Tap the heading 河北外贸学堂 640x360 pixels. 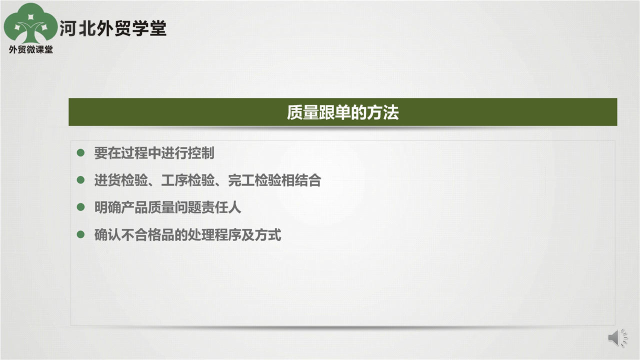coord(113,28)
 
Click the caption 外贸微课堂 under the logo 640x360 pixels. coord(31,49)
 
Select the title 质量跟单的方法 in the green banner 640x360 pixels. coord(342,112)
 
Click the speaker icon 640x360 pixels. coord(617,337)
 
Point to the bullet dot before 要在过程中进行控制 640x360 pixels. coord(80,152)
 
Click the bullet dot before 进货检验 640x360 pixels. coord(80,179)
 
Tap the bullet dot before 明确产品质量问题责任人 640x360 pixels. coord(80,207)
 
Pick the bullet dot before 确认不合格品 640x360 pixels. coord(80,234)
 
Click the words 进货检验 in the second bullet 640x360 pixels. coord(121,180)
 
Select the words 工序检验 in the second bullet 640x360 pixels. coord(188,180)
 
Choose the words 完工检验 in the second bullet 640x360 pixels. coord(255,180)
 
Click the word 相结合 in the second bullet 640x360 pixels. coord(301,180)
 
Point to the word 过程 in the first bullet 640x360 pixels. coord(134,153)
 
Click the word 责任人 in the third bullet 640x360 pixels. coord(221,207)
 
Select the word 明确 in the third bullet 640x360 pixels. coord(107,207)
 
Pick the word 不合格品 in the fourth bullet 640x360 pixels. coord(147,235)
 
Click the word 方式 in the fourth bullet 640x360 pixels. coord(268,235)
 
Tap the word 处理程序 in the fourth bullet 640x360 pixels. coord(214,235)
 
